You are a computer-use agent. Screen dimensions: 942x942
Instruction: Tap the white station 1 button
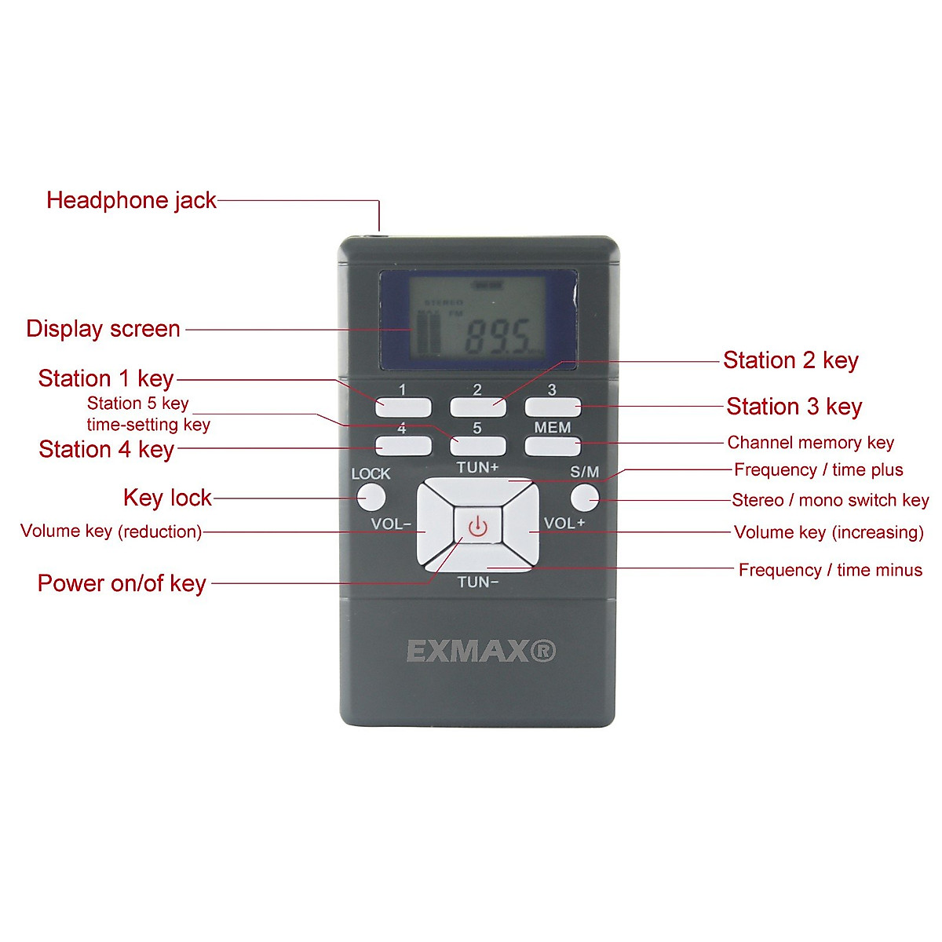(x=403, y=407)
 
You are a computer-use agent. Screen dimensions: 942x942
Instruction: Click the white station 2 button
(x=477, y=407)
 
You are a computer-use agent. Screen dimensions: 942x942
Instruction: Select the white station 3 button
(x=553, y=407)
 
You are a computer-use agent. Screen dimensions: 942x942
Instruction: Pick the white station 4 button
(x=403, y=446)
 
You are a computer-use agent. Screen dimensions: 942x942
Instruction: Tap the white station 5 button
(x=477, y=446)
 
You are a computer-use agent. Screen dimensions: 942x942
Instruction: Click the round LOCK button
(x=371, y=497)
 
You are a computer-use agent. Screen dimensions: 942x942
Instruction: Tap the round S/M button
(x=584, y=497)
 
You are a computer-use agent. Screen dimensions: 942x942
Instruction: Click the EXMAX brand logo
(x=480, y=651)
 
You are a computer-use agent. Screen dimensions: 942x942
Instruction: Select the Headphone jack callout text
(x=131, y=200)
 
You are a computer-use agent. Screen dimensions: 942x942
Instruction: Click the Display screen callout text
(x=103, y=329)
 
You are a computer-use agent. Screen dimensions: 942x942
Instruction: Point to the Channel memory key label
(x=810, y=443)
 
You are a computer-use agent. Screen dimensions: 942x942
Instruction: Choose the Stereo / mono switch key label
(x=830, y=500)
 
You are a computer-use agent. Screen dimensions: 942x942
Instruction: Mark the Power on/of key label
(x=122, y=583)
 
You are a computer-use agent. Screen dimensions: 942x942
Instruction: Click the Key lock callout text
(x=167, y=498)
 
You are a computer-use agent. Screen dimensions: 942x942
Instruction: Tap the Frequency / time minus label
(x=830, y=570)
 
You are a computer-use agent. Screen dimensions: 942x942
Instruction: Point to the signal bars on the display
(x=429, y=334)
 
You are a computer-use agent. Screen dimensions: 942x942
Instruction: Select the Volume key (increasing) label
(x=828, y=532)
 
